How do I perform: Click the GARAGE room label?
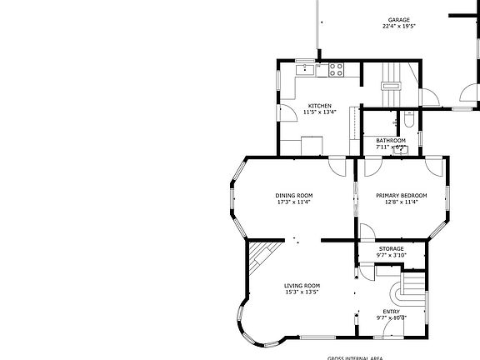pos(398,19)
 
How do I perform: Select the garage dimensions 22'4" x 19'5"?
pos(398,27)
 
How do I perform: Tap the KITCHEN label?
pos(320,106)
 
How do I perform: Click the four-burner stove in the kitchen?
pos(337,70)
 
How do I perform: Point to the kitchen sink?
pos(307,69)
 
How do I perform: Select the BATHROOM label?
pos(390,140)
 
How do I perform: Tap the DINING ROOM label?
pos(293,195)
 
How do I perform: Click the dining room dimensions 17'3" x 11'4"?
pos(293,202)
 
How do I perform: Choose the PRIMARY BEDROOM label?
pos(401,195)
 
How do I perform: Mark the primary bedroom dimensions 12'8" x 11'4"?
pos(401,202)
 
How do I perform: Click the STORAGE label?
pos(391,248)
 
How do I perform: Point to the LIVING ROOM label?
pos(302,285)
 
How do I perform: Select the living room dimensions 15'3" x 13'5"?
pos(302,292)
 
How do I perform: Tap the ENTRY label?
pos(391,312)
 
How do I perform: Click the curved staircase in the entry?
pos(408,291)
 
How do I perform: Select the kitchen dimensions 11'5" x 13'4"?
pos(320,112)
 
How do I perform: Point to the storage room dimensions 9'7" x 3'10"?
pos(391,255)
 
